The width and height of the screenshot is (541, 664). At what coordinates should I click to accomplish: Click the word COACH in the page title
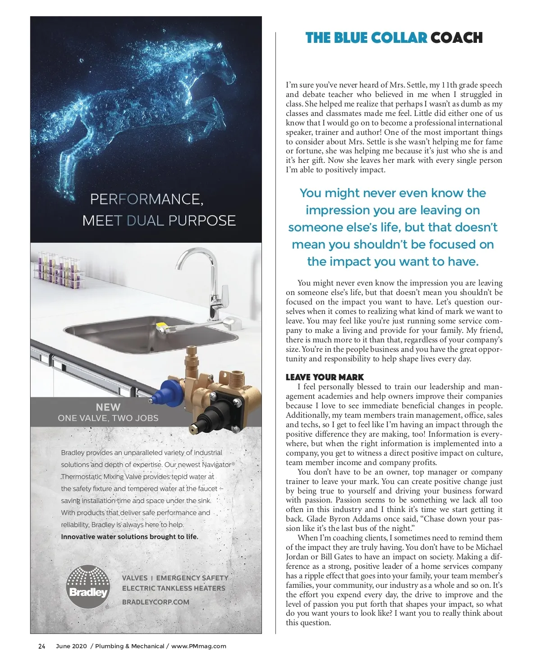pyautogui.click(x=456, y=38)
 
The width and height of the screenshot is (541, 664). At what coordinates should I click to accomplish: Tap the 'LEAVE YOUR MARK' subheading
pyautogui.click(x=325, y=377)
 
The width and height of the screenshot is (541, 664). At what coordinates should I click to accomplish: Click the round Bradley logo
pyautogui.click(x=88, y=587)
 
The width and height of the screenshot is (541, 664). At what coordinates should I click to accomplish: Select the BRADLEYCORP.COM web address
pyautogui.click(x=156, y=602)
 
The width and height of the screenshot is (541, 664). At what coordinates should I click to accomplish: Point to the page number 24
pyautogui.click(x=41, y=646)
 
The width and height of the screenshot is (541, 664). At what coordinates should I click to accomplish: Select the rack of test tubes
pyautogui.click(x=58, y=269)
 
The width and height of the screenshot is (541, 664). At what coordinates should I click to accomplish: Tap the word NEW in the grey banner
pyautogui.click(x=108, y=407)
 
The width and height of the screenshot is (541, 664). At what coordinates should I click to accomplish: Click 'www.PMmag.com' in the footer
pyautogui.click(x=198, y=646)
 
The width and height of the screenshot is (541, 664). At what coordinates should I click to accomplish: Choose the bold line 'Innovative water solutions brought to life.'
pyautogui.click(x=129, y=537)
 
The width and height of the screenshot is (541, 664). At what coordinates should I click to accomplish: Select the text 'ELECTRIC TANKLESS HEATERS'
pyautogui.click(x=174, y=588)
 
